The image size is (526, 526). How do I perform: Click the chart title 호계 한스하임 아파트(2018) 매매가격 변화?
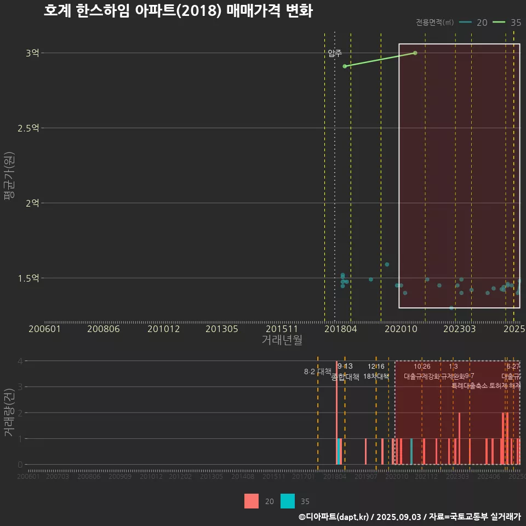[178, 12]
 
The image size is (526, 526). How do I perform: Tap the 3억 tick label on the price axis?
[32, 53]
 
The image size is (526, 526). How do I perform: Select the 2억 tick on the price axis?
[32, 203]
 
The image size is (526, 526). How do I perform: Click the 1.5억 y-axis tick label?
[28, 278]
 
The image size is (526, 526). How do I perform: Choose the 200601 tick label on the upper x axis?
[44, 329]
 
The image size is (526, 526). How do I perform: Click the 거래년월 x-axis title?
[282, 340]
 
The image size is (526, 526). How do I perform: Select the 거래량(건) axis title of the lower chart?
[9, 413]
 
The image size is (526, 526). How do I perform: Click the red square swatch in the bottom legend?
[251, 501]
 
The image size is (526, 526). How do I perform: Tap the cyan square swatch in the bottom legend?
[287, 501]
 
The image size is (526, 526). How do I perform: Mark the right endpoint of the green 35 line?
[415, 53]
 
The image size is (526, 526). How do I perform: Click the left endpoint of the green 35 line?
[345, 66]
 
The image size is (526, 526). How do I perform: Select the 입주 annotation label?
[335, 53]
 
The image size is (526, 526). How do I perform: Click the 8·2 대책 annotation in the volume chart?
[317, 371]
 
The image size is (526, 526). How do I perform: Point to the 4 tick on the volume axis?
[20, 361]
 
